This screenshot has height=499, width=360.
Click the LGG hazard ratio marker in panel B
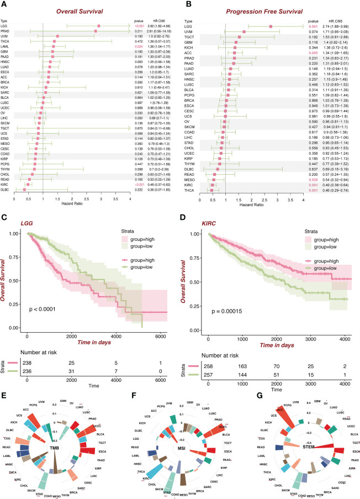[271, 26]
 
